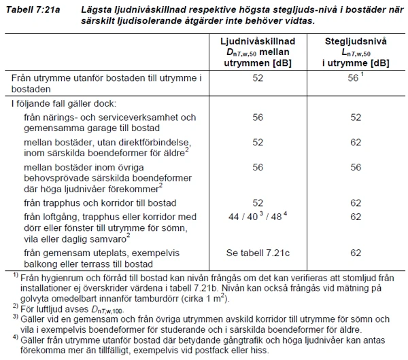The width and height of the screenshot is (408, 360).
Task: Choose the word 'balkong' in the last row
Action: tap(41, 263)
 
